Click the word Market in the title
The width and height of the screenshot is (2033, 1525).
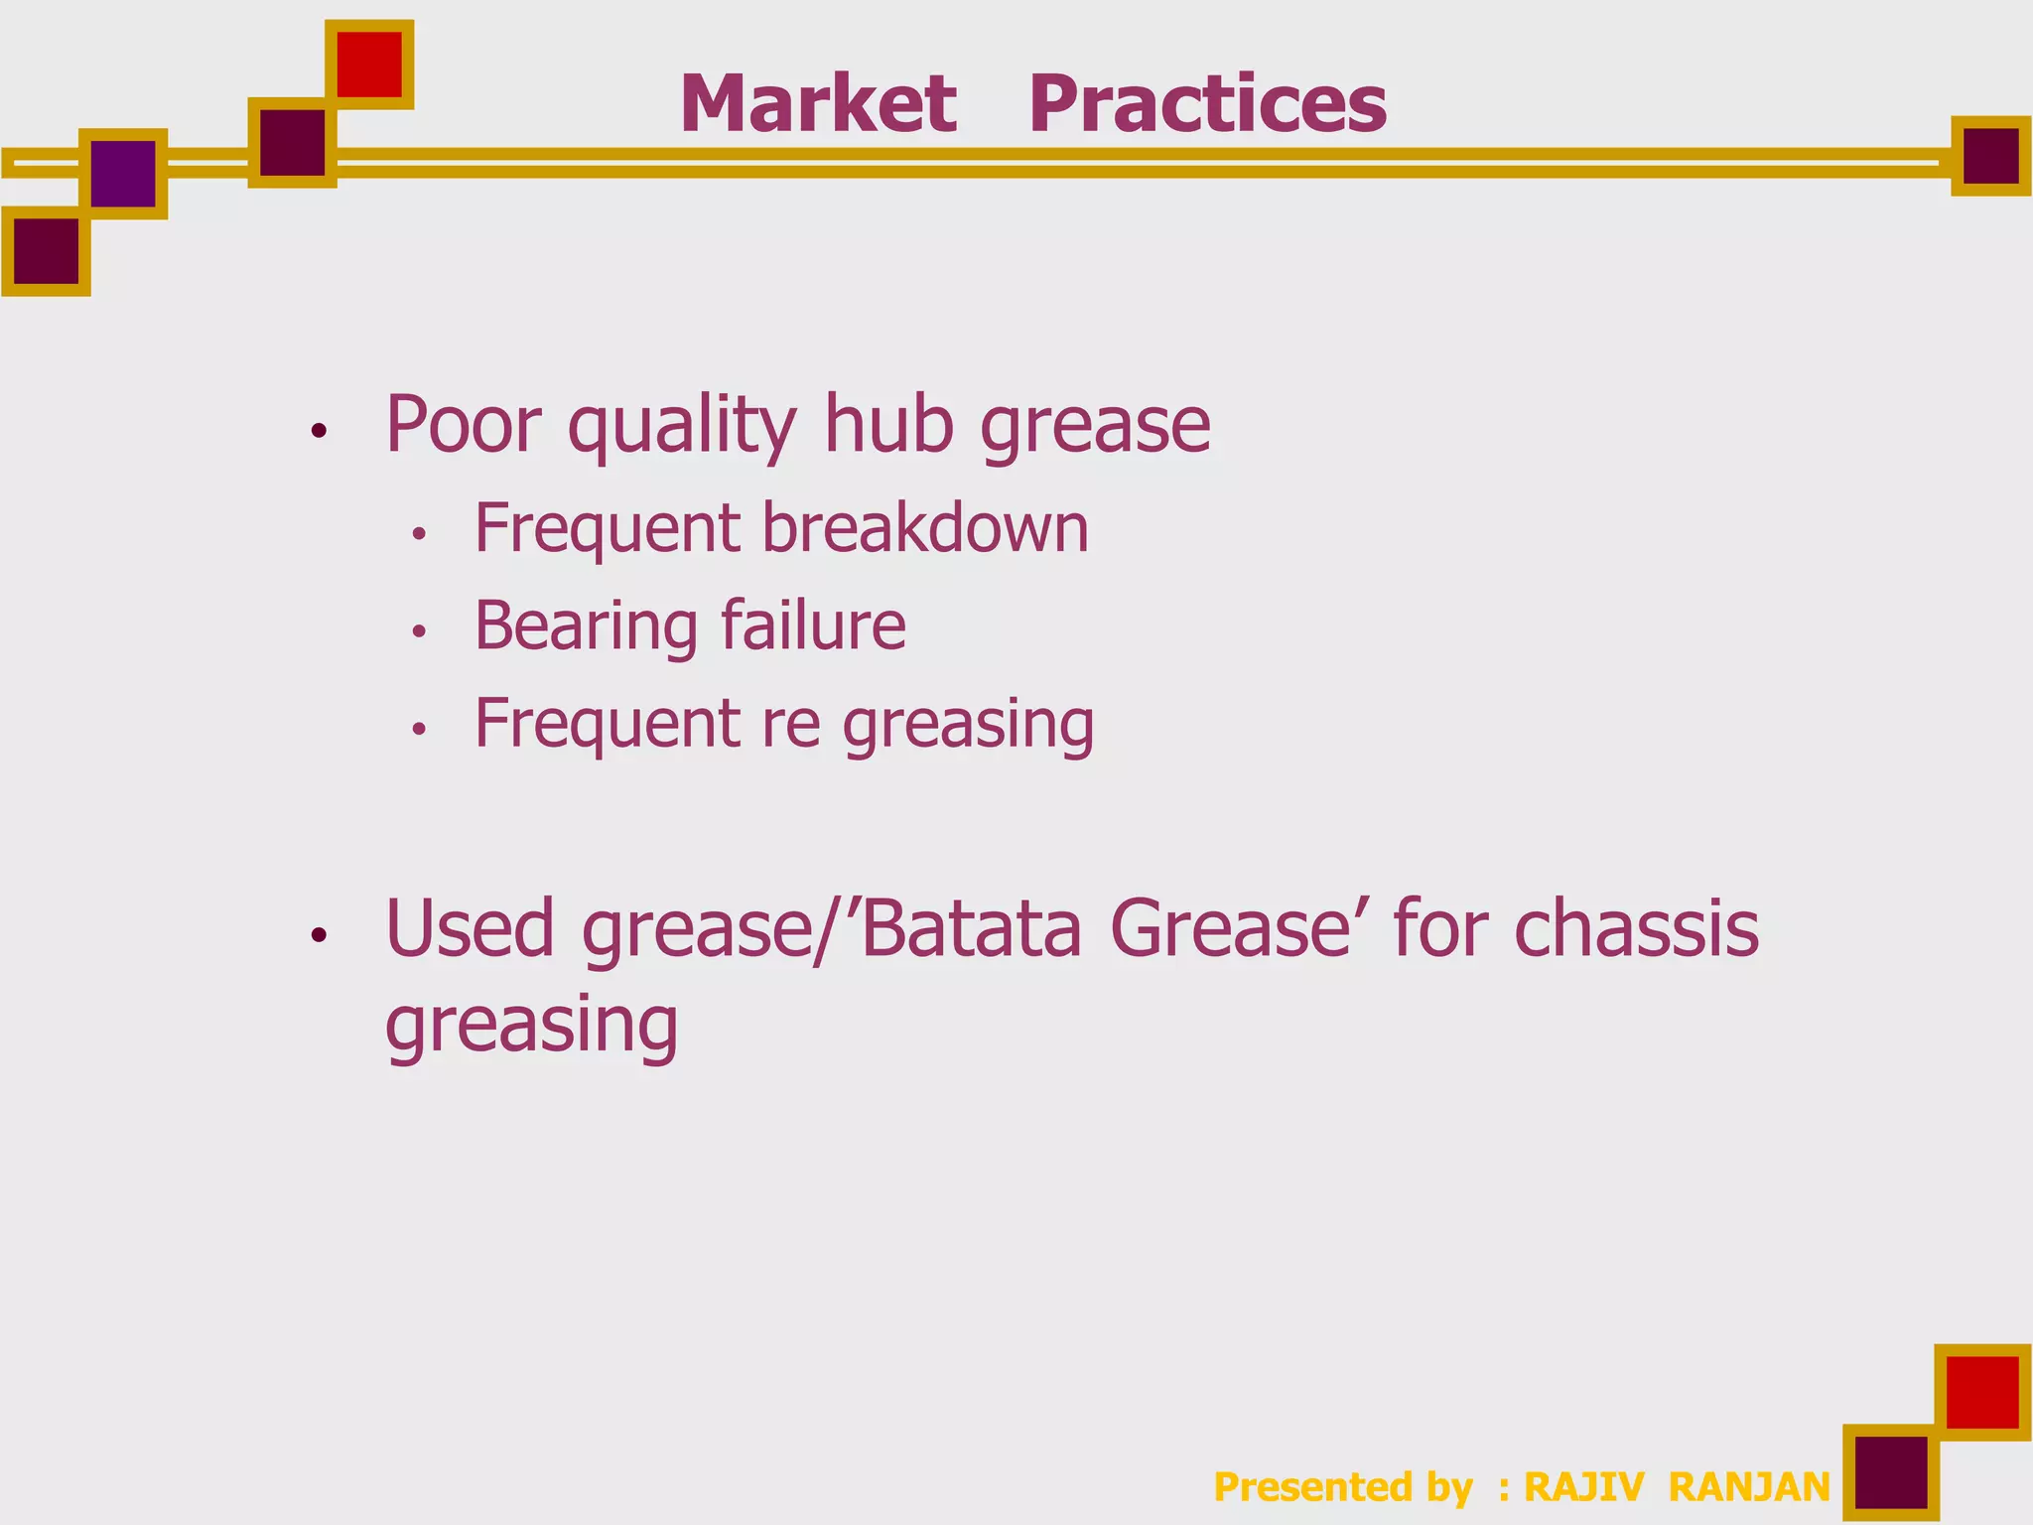pos(818,104)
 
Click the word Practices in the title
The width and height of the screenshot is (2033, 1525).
pos(1207,104)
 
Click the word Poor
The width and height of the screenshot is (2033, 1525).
pos(464,425)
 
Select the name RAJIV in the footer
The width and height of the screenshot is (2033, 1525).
pos(1583,1487)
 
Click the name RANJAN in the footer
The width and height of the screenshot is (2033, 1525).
pos(1749,1487)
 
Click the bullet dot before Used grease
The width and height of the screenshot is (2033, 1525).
pos(319,934)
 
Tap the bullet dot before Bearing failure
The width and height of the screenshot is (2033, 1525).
pos(419,631)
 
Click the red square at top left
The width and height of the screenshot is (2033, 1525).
pos(369,65)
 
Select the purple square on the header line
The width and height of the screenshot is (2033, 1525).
pos(123,174)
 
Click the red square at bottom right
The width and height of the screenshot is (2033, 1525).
pos(1982,1392)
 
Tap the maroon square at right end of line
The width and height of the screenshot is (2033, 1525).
pos(1990,156)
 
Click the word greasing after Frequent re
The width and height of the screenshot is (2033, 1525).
pos(968,725)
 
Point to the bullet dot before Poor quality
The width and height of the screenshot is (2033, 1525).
pos(319,431)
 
